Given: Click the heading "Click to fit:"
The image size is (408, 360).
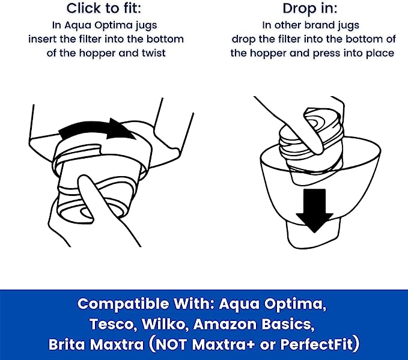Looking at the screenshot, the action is click(x=103, y=8).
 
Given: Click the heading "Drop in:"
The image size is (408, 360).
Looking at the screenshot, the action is click(x=309, y=8).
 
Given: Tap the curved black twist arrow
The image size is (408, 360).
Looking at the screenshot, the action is click(x=97, y=129).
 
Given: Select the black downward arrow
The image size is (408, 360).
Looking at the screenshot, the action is click(x=315, y=210).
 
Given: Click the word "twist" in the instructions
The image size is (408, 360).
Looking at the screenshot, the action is click(x=154, y=53).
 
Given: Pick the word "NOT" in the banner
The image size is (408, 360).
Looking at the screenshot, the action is click(x=170, y=344).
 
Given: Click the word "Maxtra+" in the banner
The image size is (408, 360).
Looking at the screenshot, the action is click(x=224, y=344).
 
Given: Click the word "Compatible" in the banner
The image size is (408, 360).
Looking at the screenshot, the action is click(x=123, y=304).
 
